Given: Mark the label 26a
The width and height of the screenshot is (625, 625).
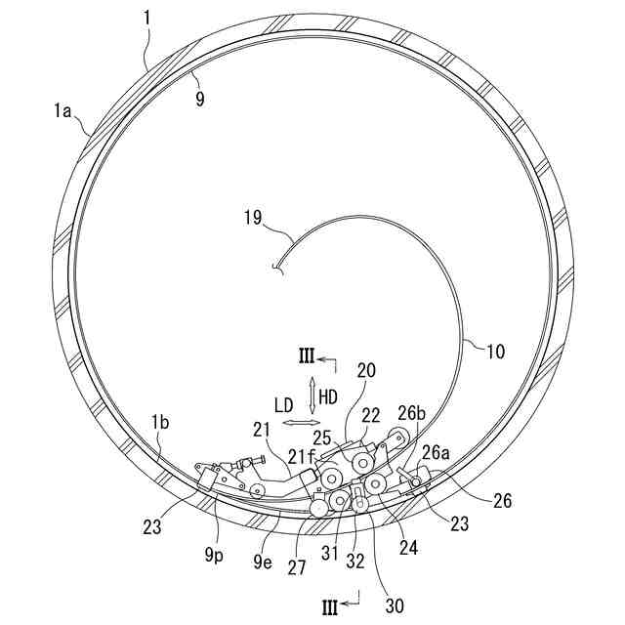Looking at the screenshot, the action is click(x=435, y=452).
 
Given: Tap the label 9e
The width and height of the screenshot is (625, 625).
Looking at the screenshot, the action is click(x=264, y=562).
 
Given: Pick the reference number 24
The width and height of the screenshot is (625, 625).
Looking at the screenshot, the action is click(x=408, y=548).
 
